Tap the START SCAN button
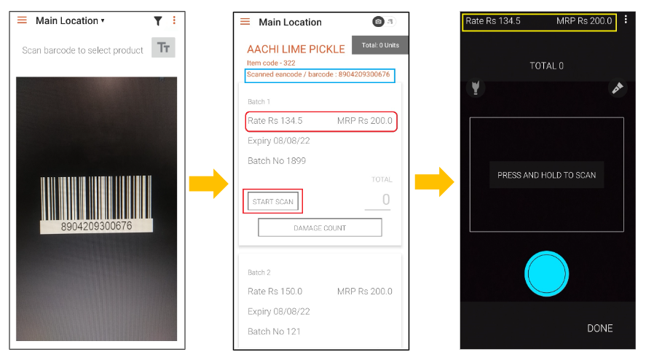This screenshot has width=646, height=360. tap(272, 202)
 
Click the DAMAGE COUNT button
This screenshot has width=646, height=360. tap(320, 227)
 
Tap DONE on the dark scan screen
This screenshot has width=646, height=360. tap(599, 328)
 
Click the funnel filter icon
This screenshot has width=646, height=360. tap(158, 21)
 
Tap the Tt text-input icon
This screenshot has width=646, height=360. tap(164, 47)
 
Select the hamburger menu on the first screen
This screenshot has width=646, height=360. tap(23, 20)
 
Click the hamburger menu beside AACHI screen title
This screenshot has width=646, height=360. tap(245, 21)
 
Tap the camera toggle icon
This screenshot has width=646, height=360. tap(378, 21)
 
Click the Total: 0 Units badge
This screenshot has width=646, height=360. tap(380, 45)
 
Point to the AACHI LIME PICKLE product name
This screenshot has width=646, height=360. tap(296, 49)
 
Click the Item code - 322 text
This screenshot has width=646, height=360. tap(271, 63)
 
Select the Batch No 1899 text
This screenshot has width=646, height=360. tap(277, 161)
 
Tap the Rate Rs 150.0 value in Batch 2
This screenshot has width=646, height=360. tap(275, 291)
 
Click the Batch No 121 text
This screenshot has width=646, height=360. tap(274, 332)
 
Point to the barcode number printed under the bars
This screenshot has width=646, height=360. tap(96, 226)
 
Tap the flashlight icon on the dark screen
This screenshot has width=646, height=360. tap(476, 87)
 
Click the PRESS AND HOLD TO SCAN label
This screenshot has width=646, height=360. tap(546, 175)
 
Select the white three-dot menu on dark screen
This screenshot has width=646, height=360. tap(626, 20)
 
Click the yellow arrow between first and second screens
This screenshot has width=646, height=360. tap(208, 184)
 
